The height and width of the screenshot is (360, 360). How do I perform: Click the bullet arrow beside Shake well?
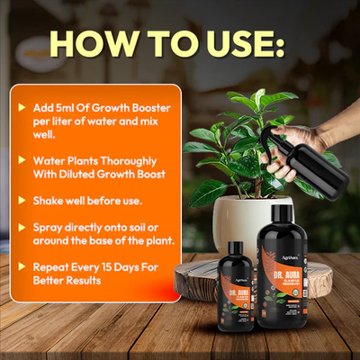[x=22, y=199]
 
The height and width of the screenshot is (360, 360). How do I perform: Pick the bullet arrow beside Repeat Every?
[x=22, y=267]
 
